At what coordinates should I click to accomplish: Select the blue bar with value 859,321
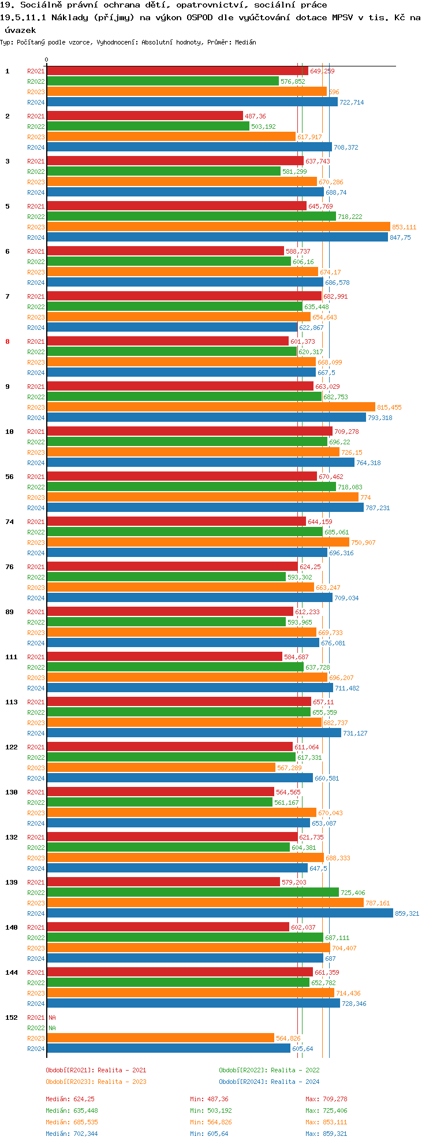pyautogui.click(x=219, y=913)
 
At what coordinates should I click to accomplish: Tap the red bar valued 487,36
pyautogui.click(x=144, y=116)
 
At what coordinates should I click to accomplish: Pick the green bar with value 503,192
pyautogui.click(x=148, y=127)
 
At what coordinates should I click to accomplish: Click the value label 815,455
pyautogui.click(x=389, y=407)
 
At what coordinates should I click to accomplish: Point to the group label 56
pyautogui.click(x=9, y=477)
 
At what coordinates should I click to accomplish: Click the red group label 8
pyautogui.click(x=8, y=341)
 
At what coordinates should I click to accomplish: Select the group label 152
pyautogui.click(x=11, y=1017)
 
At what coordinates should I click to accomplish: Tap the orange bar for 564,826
pyautogui.click(x=160, y=1038)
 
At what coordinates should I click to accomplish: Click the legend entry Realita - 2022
pyautogui.click(x=269, y=1070)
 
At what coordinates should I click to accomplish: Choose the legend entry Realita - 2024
pyautogui.click(x=269, y=1082)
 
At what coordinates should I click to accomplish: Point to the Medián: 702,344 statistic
pyautogui.click(x=72, y=1134)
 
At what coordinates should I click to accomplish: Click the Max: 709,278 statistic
pyautogui.click(x=326, y=1099)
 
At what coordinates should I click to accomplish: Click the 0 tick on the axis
pyautogui.click(x=47, y=60)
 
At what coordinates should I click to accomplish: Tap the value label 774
pyautogui.click(x=365, y=497)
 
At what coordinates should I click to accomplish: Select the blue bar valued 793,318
pyautogui.click(x=206, y=418)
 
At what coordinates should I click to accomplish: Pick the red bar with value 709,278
pyautogui.click(x=189, y=432)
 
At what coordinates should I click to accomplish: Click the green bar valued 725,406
pyautogui.click(x=192, y=893)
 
